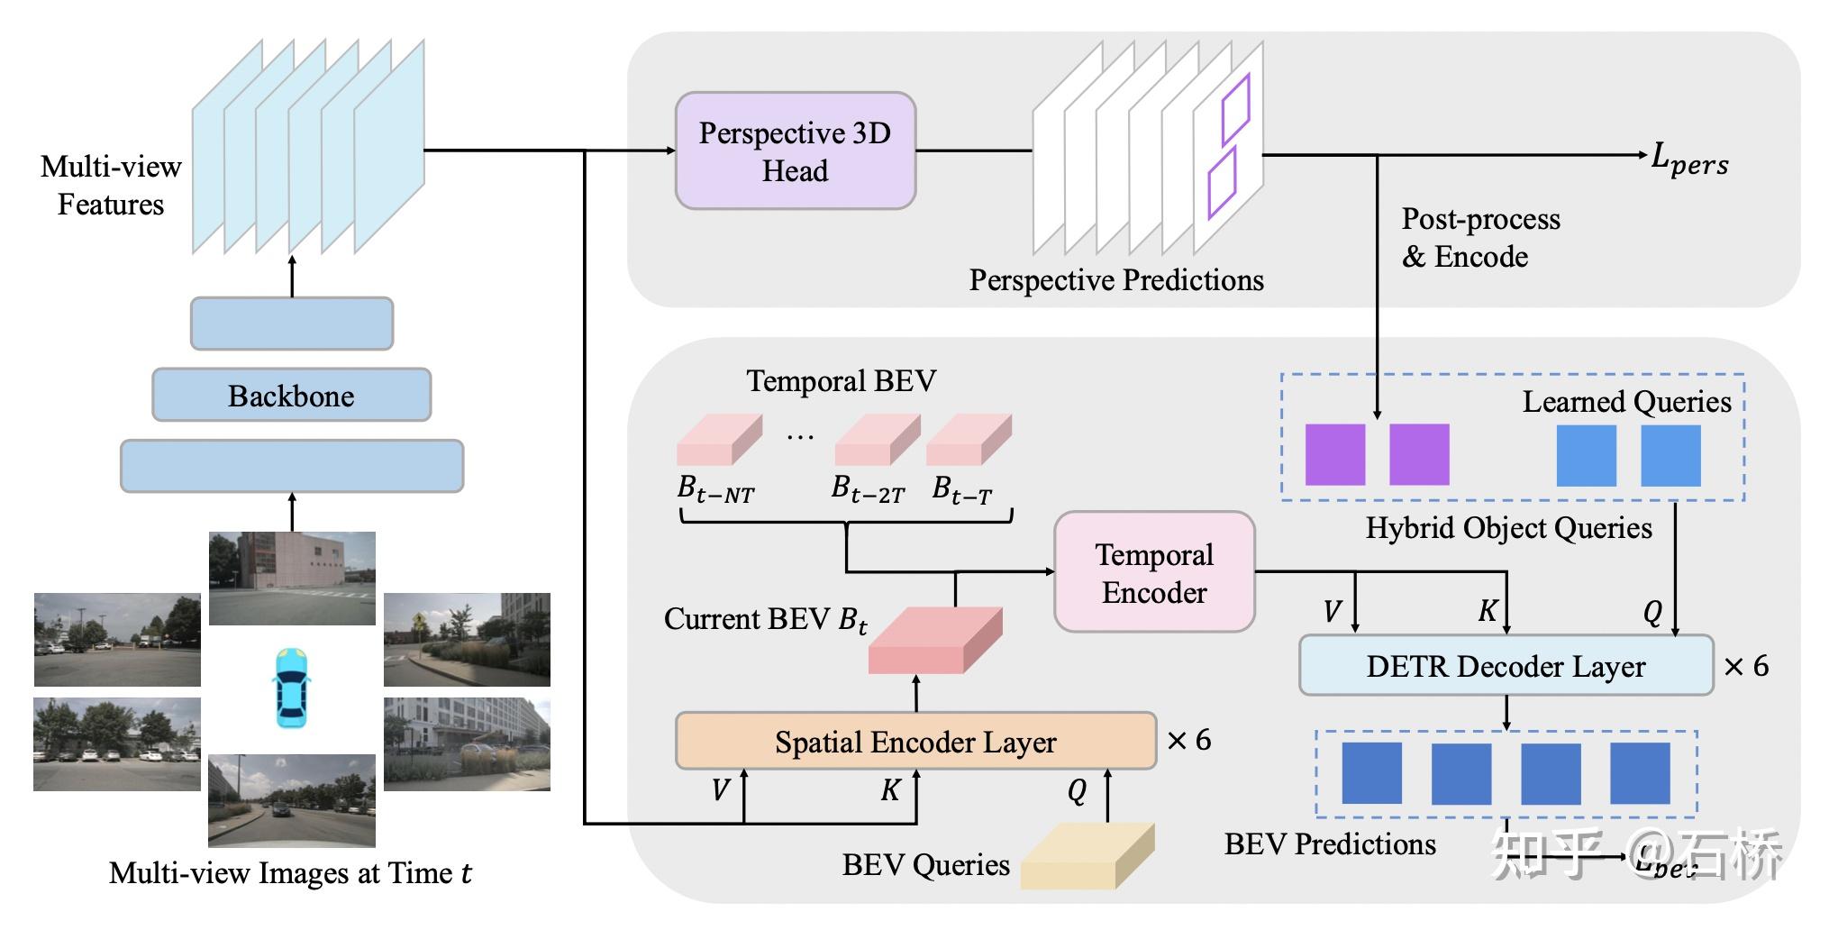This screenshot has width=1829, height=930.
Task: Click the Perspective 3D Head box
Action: click(x=795, y=151)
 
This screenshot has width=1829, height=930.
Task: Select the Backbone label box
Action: click(x=291, y=396)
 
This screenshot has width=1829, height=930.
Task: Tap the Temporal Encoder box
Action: click(x=1154, y=573)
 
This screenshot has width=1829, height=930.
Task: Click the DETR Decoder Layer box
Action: click(x=1506, y=666)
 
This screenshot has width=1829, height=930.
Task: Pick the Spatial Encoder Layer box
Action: click(x=915, y=742)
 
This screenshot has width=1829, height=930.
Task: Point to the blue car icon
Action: click(x=291, y=688)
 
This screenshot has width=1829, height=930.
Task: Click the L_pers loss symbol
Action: click(x=1689, y=160)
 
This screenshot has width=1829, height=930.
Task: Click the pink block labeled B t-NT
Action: click(x=719, y=440)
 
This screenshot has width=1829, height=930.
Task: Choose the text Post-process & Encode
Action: click(x=1480, y=238)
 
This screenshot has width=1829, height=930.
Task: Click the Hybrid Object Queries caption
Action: click(x=1508, y=528)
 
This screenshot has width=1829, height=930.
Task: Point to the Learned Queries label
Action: click(x=1626, y=402)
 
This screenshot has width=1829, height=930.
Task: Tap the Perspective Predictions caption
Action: click(x=1116, y=280)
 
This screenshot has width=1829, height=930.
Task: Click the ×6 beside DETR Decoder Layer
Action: click(x=1746, y=667)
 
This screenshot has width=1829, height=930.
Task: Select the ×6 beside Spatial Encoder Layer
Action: click(x=1188, y=741)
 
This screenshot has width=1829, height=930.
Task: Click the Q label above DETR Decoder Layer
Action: click(x=1652, y=613)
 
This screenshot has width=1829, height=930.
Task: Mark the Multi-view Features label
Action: click(x=111, y=186)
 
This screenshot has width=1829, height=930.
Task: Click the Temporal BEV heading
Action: click(x=841, y=381)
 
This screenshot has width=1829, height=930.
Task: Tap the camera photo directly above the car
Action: click(x=292, y=578)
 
